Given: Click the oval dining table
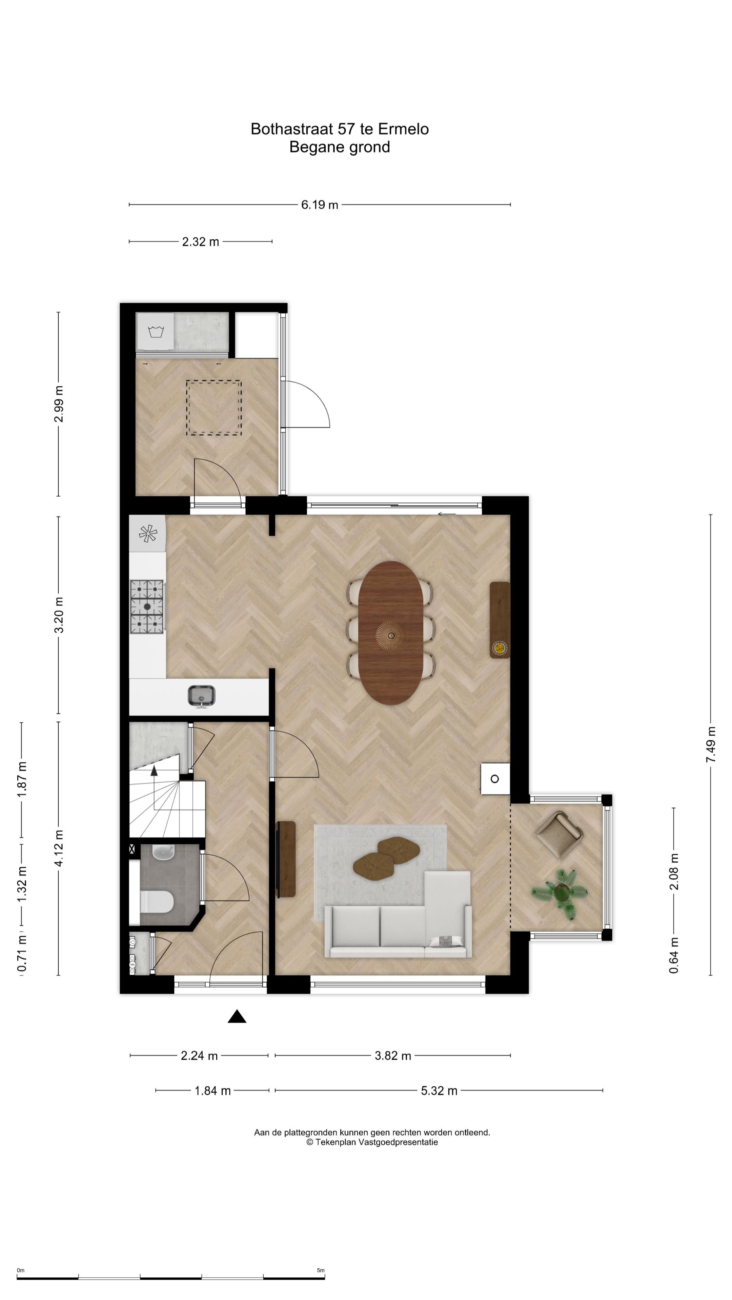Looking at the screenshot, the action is point(390,633).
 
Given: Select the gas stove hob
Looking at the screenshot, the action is point(147,607).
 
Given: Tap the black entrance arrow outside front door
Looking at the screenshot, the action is point(237,1016).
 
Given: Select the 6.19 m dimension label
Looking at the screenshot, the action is point(320,205).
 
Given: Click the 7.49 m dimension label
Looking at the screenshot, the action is point(711,745).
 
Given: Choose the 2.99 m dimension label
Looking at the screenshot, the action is point(59,404).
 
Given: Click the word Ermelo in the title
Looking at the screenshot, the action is point(403,129).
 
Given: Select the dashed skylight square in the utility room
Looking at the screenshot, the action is point(214,408).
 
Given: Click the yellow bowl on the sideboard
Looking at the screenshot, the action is point(500,648).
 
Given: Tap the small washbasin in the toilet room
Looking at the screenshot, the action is point(163,852).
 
